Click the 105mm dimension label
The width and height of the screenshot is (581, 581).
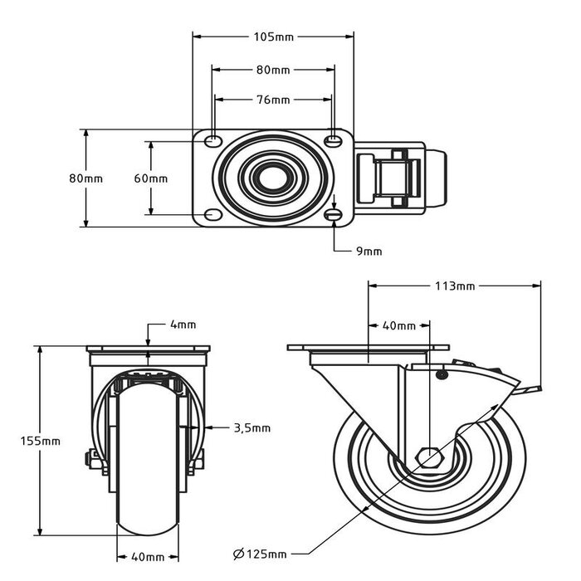[273, 37]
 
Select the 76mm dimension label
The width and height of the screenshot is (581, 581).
[273, 100]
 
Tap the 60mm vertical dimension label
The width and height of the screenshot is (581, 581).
[151, 178]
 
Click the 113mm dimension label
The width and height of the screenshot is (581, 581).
[455, 286]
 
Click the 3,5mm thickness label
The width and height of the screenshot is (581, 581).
[251, 428]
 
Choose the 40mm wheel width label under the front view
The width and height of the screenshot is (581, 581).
[147, 556]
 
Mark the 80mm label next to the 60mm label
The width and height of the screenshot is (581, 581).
[85, 178]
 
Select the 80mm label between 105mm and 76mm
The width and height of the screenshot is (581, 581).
[273, 69]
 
